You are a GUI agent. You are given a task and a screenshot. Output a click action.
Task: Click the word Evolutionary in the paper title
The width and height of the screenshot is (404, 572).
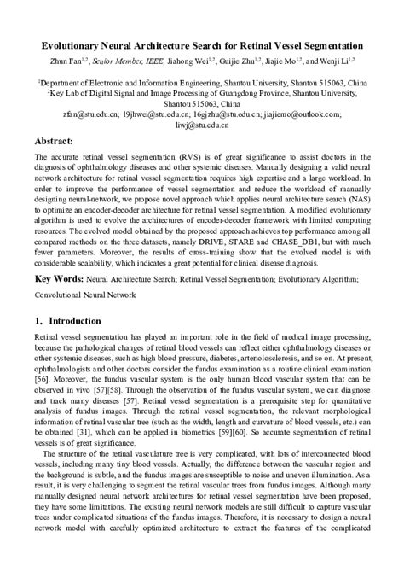point(78,44)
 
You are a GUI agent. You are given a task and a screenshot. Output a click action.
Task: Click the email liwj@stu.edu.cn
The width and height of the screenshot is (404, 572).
point(201,125)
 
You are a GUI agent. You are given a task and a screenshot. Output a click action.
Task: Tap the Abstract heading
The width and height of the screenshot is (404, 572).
point(59,141)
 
